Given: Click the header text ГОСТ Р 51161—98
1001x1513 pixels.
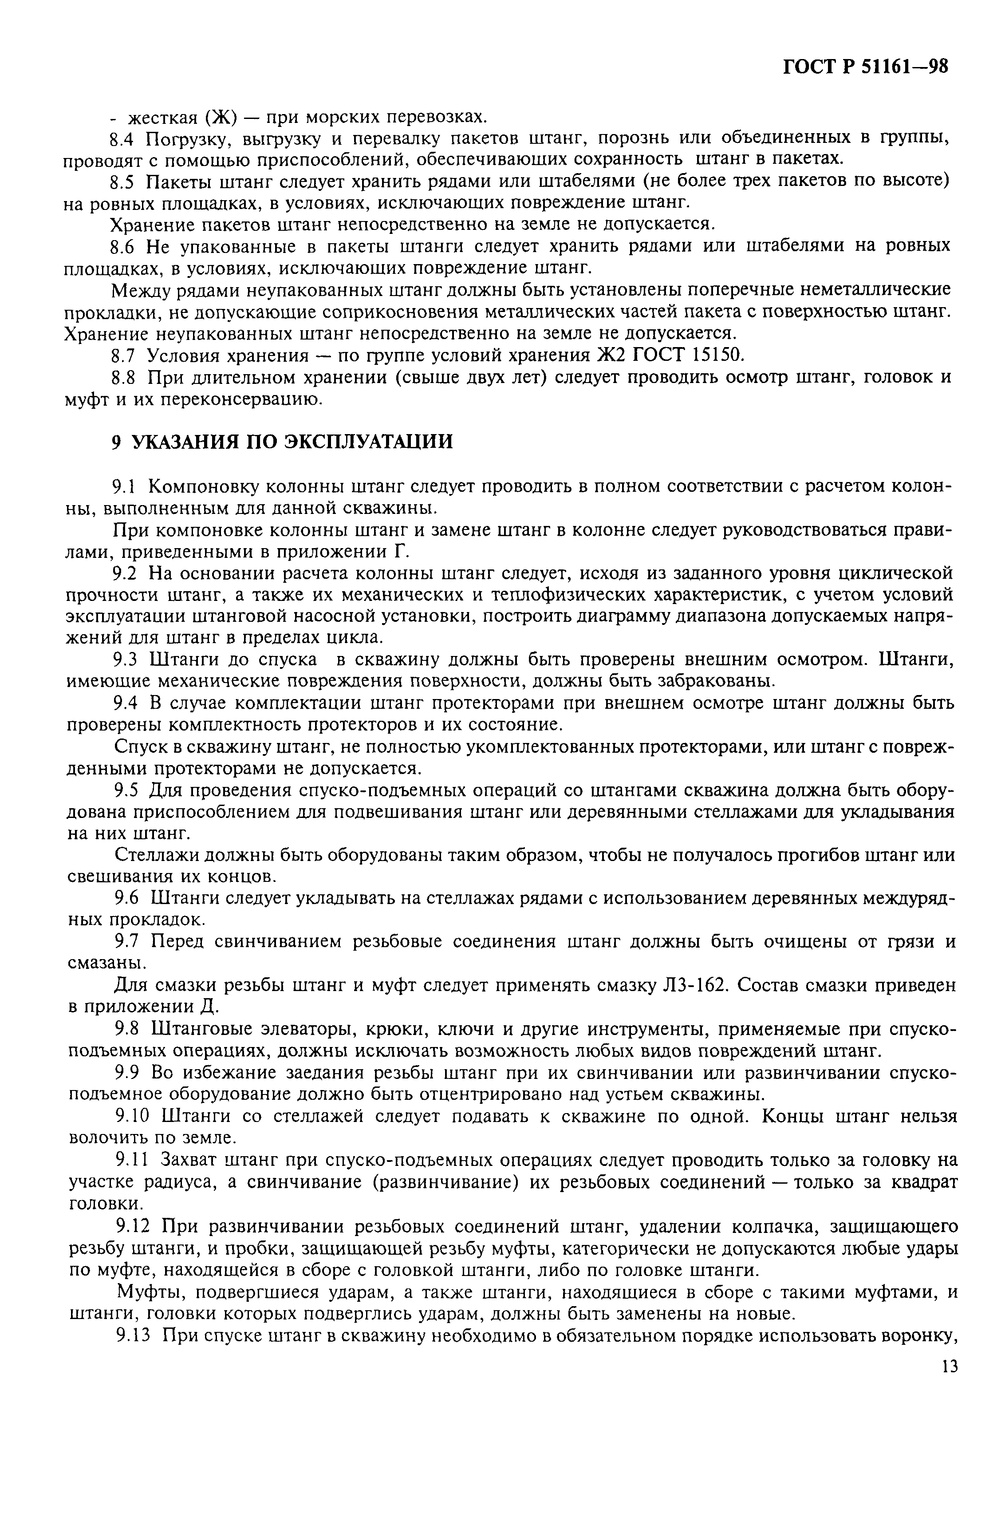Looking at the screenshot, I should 865,67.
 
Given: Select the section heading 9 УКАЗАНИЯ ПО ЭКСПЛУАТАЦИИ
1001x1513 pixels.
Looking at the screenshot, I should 281,442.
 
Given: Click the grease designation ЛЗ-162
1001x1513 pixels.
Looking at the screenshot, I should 694,986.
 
